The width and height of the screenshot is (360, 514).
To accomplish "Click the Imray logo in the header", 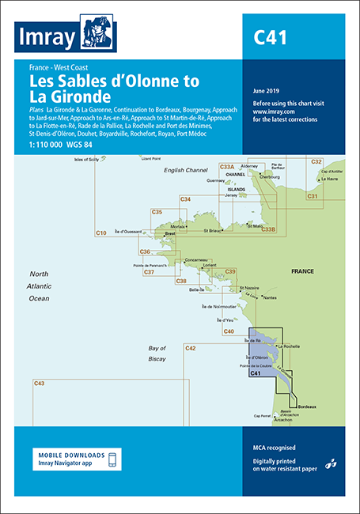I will coord(66,36).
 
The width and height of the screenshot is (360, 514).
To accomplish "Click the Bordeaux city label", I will coord(307,406).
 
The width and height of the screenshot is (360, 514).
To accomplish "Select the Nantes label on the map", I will coord(271,297).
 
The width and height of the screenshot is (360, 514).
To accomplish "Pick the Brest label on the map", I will coord(169,234).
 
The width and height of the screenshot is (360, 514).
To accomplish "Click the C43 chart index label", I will coord(40,383).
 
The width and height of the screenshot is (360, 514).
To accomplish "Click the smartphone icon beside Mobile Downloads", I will coord(112,459).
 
